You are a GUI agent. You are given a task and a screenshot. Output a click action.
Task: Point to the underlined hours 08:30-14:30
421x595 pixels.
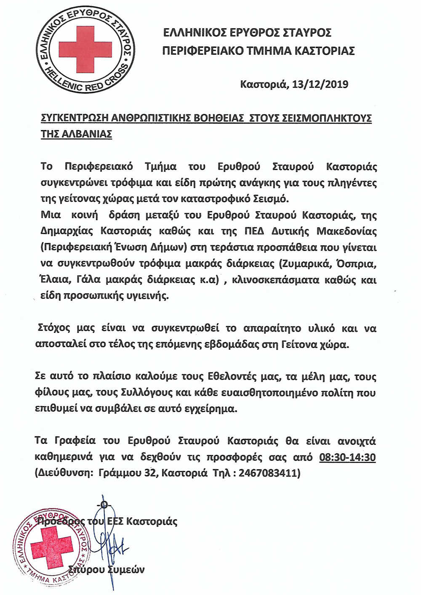[347, 457]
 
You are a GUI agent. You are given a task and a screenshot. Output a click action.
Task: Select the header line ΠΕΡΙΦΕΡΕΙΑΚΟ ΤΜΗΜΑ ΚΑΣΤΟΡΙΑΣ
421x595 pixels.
[258, 51]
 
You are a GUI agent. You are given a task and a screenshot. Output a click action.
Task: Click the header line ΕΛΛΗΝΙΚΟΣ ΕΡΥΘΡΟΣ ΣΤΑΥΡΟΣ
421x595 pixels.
[247, 32]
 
